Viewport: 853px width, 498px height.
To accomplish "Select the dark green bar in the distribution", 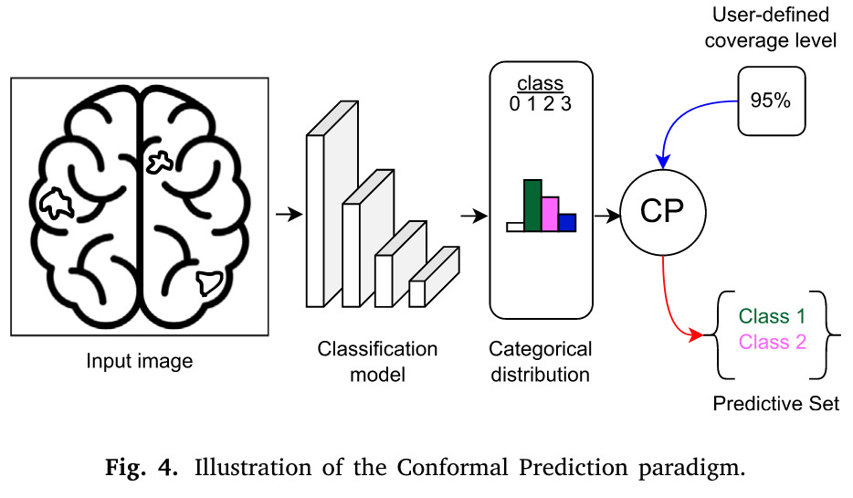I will [x=532, y=206].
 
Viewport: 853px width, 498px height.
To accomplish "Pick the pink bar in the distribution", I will [x=550, y=214].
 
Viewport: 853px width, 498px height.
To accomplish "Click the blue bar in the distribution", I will [x=567, y=222].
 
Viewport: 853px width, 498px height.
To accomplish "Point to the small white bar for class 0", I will [x=515, y=227].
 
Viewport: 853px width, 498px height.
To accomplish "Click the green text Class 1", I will [x=772, y=317].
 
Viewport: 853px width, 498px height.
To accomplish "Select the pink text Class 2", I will [x=772, y=342].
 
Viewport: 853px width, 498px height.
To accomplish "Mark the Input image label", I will [x=140, y=361].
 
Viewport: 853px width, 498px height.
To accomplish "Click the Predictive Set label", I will [x=775, y=404].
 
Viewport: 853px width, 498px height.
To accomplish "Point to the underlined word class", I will [x=540, y=85].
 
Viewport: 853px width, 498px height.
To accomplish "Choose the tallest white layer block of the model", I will [x=316, y=219].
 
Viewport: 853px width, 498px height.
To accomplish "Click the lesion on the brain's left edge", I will [x=58, y=203].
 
